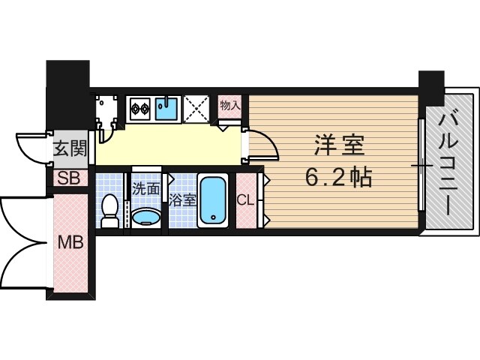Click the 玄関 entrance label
pyautogui.click(x=70, y=149)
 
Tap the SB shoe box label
pyautogui.click(x=69, y=178)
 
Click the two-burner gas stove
pyautogui.click(x=140, y=109)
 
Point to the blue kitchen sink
pyautogui.click(x=168, y=108)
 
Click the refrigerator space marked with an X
pyautogui.click(x=198, y=109)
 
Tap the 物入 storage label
pyautogui.click(x=230, y=106)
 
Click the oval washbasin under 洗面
pyautogui.click(x=145, y=217)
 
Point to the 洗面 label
pyautogui.click(x=146, y=189)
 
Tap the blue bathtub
pyautogui.click(x=214, y=201)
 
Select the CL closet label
pyautogui.click(x=245, y=200)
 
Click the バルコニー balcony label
pyautogui.click(x=451, y=162)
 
